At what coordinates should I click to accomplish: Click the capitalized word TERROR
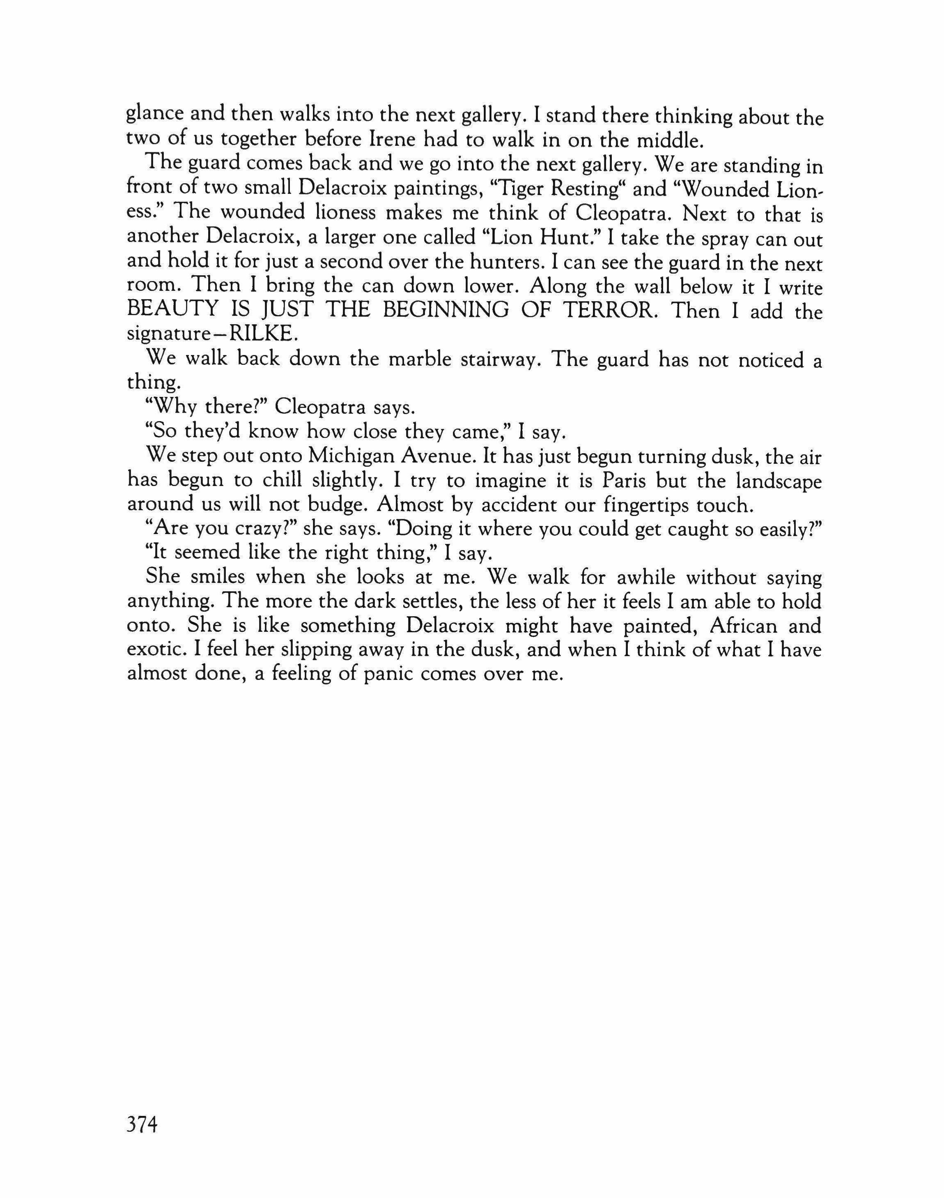(x=607, y=310)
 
